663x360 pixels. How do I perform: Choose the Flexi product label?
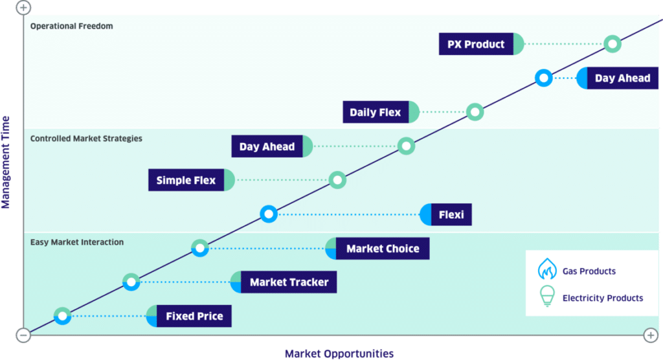click(x=447, y=214)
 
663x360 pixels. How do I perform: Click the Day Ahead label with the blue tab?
click(x=618, y=78)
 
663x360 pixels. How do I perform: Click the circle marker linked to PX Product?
click(x=612, y=44)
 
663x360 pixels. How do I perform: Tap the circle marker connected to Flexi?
click(x=269, y=214)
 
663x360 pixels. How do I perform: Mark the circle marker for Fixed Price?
click(x=63, y=316)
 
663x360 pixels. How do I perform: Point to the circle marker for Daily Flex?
click(x=475, y=112)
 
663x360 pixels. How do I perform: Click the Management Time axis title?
click(x=6, y=162)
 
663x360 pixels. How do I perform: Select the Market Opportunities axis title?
click(x=339, y=354)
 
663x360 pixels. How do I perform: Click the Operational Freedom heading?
click(x=71, y=26)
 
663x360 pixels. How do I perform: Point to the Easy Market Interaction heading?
click(x=76, y=242)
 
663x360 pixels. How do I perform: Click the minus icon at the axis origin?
click(x=23, y=335)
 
